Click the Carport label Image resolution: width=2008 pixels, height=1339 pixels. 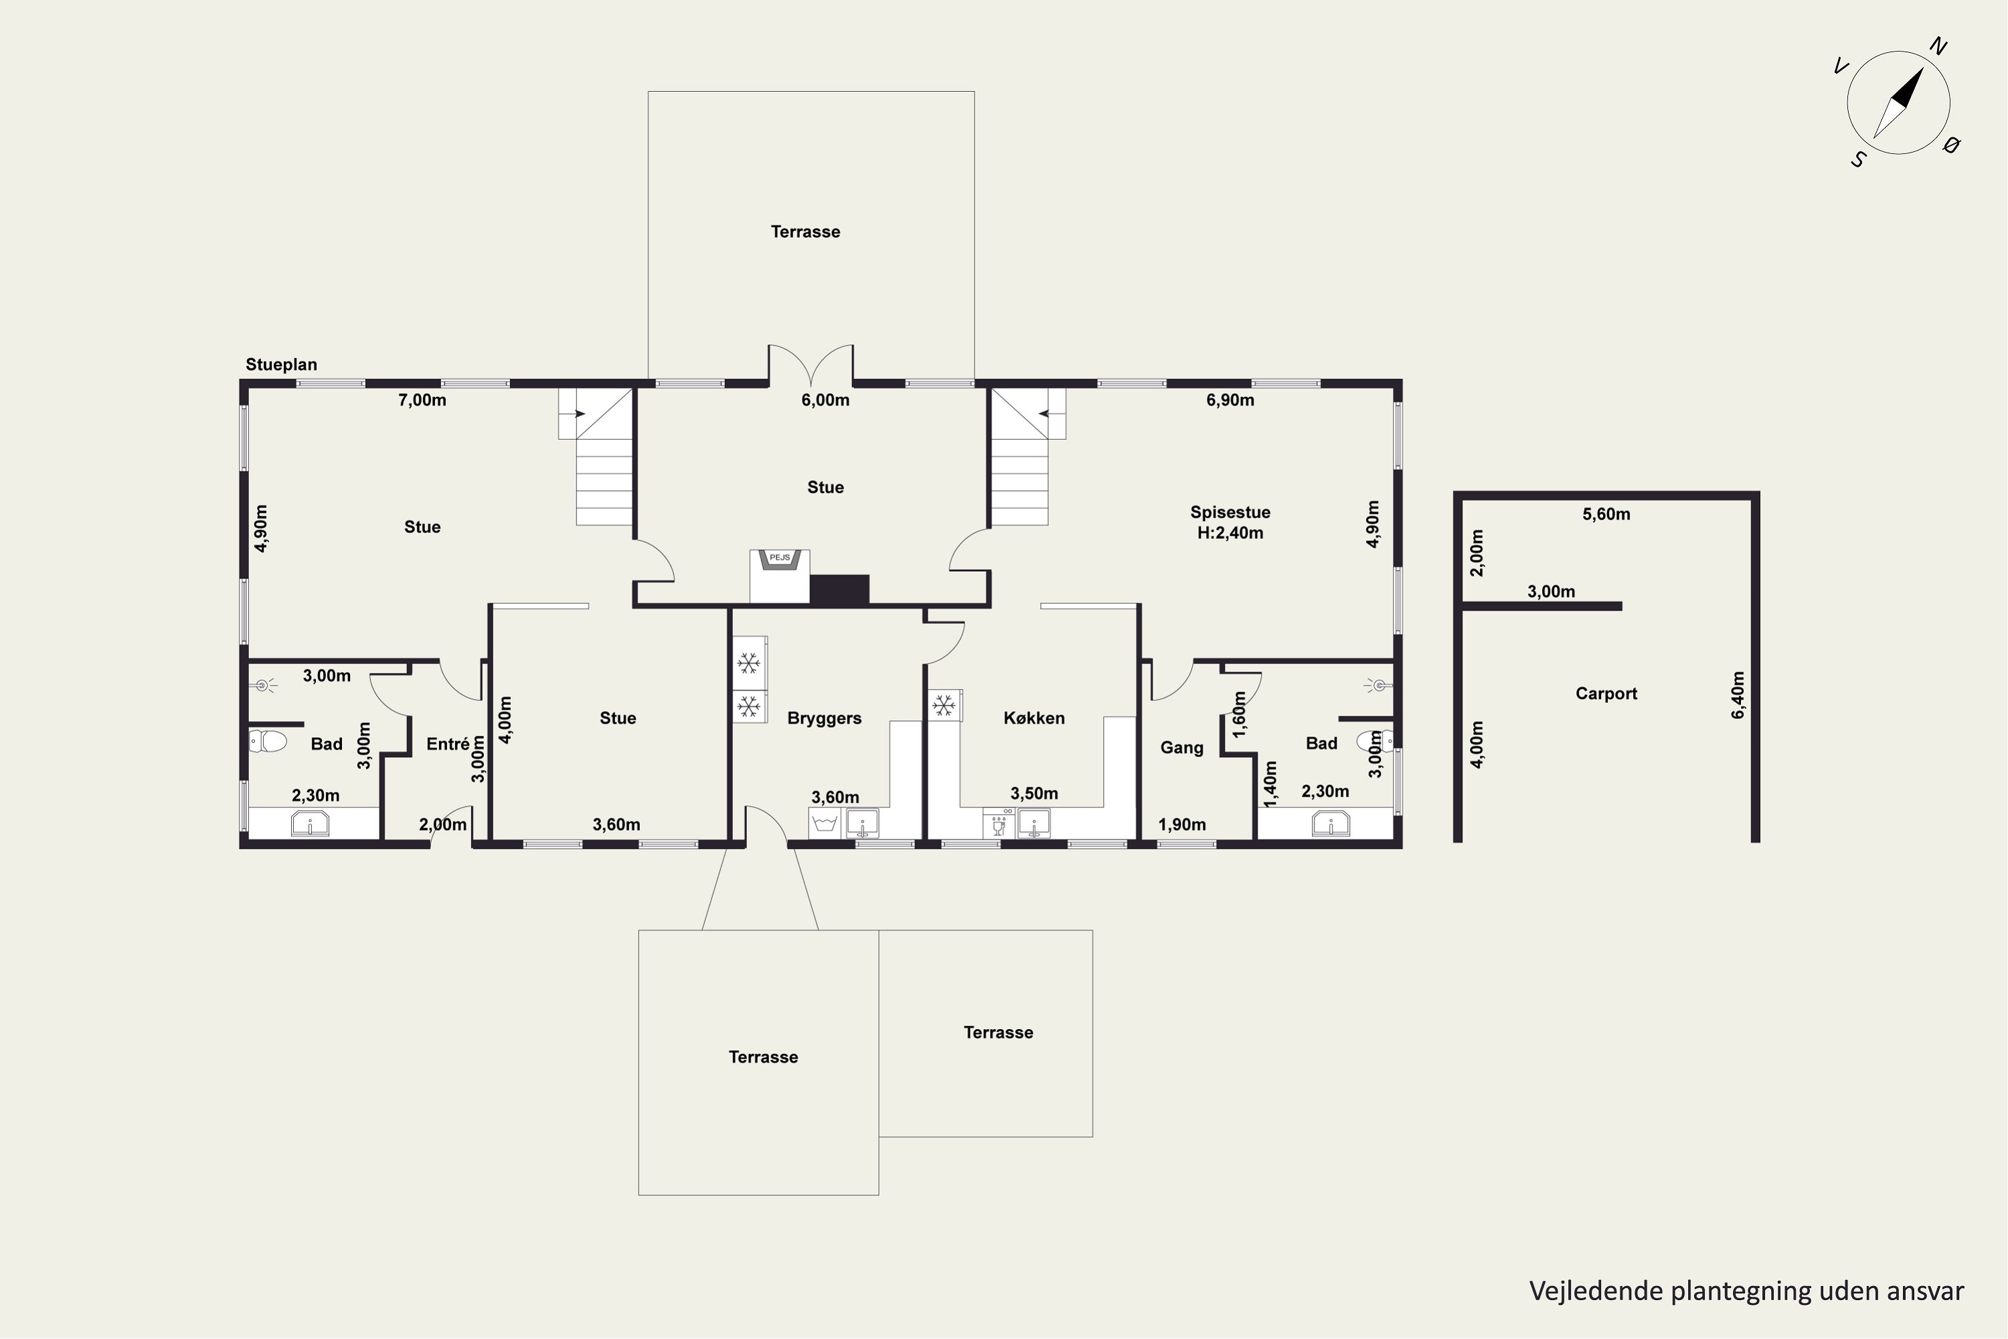(x=1606, y=694)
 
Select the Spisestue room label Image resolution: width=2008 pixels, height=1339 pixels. (x=1230, y=512)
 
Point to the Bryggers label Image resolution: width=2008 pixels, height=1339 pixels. (x=824, y=718)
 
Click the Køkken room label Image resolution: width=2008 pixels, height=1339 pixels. (x=1034, y=718)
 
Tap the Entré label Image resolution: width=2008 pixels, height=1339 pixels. (x=448, y=744)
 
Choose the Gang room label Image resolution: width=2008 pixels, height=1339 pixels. (x=1181, y=748)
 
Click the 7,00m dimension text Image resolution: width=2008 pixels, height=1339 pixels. (x=422, y=400)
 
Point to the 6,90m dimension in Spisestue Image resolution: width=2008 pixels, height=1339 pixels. (x=1230, y=400)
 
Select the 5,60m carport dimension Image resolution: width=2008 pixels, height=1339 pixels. (x=1606, y=514)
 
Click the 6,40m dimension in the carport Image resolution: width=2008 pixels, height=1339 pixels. (x=1738, y=695)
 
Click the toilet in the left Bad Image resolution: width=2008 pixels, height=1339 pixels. (x=268, y=740)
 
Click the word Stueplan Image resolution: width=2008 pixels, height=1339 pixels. (x=281, y=365)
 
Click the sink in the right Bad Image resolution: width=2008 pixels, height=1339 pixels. (x=1330, y=824)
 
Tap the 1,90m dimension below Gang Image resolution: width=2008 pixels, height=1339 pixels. (x=1181, y=825)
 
